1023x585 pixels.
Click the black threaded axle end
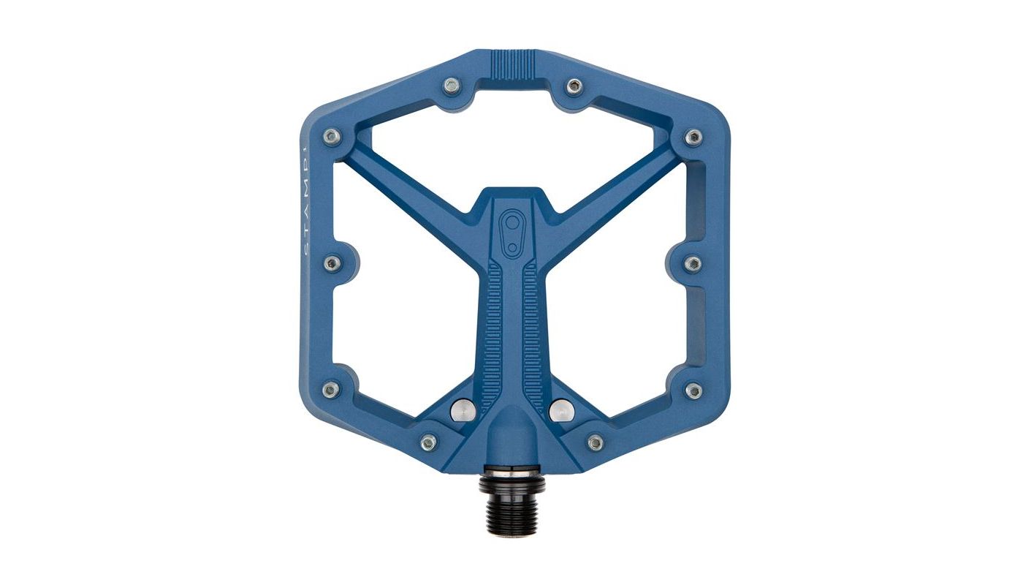tap(512, 509)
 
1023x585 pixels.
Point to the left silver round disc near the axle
tap(463, 409)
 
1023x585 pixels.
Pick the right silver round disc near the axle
tap(560, 409)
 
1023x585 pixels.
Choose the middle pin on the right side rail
tap(692, 263)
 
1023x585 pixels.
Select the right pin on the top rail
tap(575, 87)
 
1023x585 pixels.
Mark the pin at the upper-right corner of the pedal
tap(692, 136)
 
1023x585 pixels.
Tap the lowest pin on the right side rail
tap(692, 390)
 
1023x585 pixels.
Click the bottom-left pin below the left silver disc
tap(429, 442)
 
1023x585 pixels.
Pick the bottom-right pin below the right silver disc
tap(596, 442)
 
